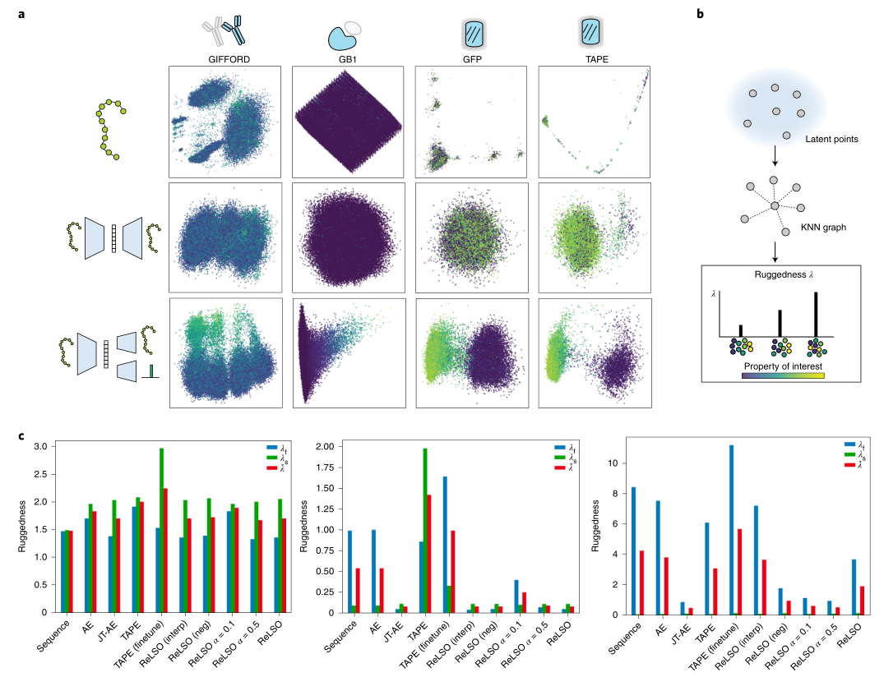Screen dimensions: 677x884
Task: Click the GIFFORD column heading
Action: point(224,60)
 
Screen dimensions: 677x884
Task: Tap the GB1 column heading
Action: point(347,60)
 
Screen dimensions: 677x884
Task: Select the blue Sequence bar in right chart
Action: point(632,550)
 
